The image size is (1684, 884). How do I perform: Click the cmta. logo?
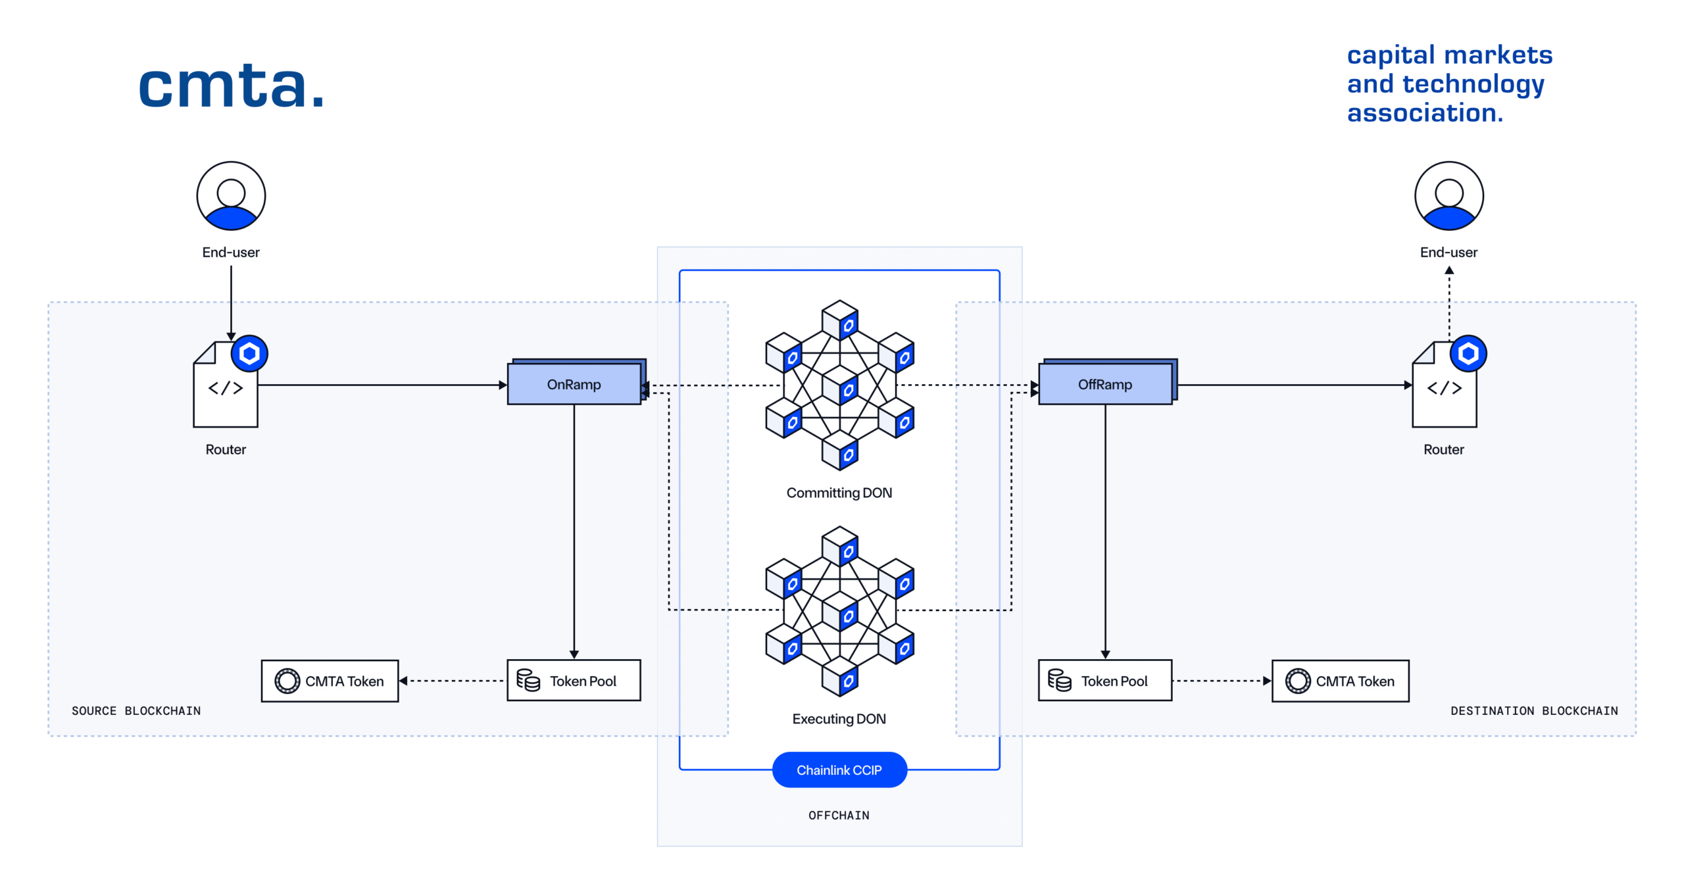point(231,86)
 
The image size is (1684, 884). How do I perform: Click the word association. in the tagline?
point(1424,113)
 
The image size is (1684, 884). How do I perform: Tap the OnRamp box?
point(573,384)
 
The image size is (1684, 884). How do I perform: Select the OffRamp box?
point(1104,384)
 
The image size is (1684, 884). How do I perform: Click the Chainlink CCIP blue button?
point(839,770)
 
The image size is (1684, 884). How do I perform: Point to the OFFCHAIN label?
point(839,815)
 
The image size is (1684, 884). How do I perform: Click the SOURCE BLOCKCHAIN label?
point(136,710)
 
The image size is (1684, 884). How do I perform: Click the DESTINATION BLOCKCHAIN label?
point(1533,710)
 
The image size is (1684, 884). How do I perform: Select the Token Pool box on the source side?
point(573,681)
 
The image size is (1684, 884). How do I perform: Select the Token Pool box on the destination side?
point(1104,681)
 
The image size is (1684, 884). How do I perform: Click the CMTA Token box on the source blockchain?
point(330,681)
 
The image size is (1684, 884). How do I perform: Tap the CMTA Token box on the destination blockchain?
point(1340,681)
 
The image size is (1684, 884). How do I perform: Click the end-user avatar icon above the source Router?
point(231,196)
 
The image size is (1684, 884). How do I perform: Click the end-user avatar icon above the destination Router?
point(1449,196)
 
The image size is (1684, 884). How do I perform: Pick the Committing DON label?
point(839,493)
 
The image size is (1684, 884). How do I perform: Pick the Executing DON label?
point(839,718)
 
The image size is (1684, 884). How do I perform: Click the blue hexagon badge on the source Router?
point(249,354)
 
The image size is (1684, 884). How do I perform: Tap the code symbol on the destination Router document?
point(1444,388)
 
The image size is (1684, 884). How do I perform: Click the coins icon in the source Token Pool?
point(528,680)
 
